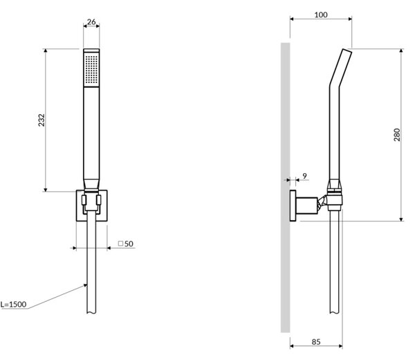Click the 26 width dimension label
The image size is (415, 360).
pyautogui.click(x=91, y=21)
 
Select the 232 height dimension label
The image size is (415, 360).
pyautogui.click(x=41, y=120)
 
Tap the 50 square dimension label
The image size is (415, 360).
pyautogui.click(x=129, y=244)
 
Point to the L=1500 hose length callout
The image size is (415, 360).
pyautogui.click(x=14, y=305)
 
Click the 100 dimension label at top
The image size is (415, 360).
pyautogui.click(x=321, y=15)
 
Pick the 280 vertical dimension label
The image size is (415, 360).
pyautogui.click(x=397, y=134)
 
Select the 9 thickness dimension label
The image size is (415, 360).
pyautogui.click(x=304, y=176)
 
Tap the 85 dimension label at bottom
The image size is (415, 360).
pyautogui.click(x=316, y=342)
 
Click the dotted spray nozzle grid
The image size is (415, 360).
pyautogui.click(x=91, y=69)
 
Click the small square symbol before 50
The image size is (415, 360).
pyautogui.click(x=120, y=243)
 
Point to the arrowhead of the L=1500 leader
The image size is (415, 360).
pyautogui.click(x=85, y=285)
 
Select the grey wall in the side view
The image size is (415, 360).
pyautogui.click(x=285, y=188)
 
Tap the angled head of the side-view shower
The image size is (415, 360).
pyautogui.click(x=340, y=68)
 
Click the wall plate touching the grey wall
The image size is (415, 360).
pyautogui.click(x=293, y=206)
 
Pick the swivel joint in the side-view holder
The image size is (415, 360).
pyautogui.click(x=322, y=202)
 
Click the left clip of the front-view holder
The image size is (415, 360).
pyautogui.click(x=84, y=200)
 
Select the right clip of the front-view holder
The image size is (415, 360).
pyautogui.click(x=99, y=200)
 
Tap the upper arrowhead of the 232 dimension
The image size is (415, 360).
pyautogui.click(x=46, y=51)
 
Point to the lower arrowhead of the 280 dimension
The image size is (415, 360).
pyautogui.click(x=401, y=219)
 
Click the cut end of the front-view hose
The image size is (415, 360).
pyautogui.click(x=91, y=313)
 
